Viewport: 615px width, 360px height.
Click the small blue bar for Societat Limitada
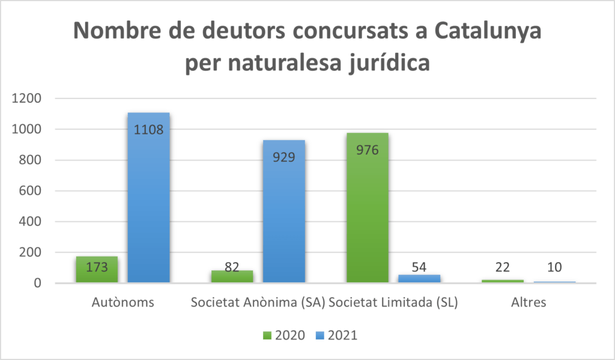(x=419, y=278)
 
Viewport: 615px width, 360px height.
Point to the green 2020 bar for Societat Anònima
(x=232, y=276)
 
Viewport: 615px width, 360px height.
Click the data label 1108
(x=149, y=130)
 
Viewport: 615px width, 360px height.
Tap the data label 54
(x=419, y=267)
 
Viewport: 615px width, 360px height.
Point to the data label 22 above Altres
(x=503, y=267)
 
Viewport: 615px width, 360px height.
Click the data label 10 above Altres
(x=554, y=267)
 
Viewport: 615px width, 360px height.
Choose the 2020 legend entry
(x=284, y=335)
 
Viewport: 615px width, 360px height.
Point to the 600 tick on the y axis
(x=29, y=191)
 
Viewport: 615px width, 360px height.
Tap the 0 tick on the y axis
(x=37, y=283)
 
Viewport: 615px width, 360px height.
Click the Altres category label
(x=529, y=302)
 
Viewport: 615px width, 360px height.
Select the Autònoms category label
(x=123, y=302)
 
